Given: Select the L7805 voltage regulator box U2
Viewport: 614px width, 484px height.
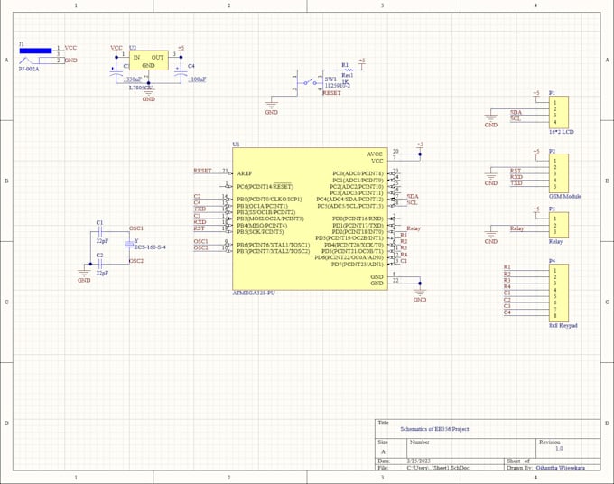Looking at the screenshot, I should coord(148,60).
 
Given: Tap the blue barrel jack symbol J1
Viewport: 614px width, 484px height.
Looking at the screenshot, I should coord(36,51).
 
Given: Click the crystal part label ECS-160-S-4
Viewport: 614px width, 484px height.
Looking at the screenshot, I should coord(150,247).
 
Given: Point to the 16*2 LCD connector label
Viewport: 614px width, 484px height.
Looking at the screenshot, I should coord(562,132).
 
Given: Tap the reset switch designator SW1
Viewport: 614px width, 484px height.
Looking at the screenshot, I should coord(330,79).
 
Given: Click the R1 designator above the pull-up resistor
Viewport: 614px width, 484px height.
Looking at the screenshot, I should coord(345,65).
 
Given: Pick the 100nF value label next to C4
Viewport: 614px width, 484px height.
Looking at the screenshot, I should coord(198,79).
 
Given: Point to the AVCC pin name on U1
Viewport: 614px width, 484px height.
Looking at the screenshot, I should coord(376,153).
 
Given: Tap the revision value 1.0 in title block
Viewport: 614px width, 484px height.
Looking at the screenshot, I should coord(559,448).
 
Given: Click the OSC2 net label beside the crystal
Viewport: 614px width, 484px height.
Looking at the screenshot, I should coord(136,261).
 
